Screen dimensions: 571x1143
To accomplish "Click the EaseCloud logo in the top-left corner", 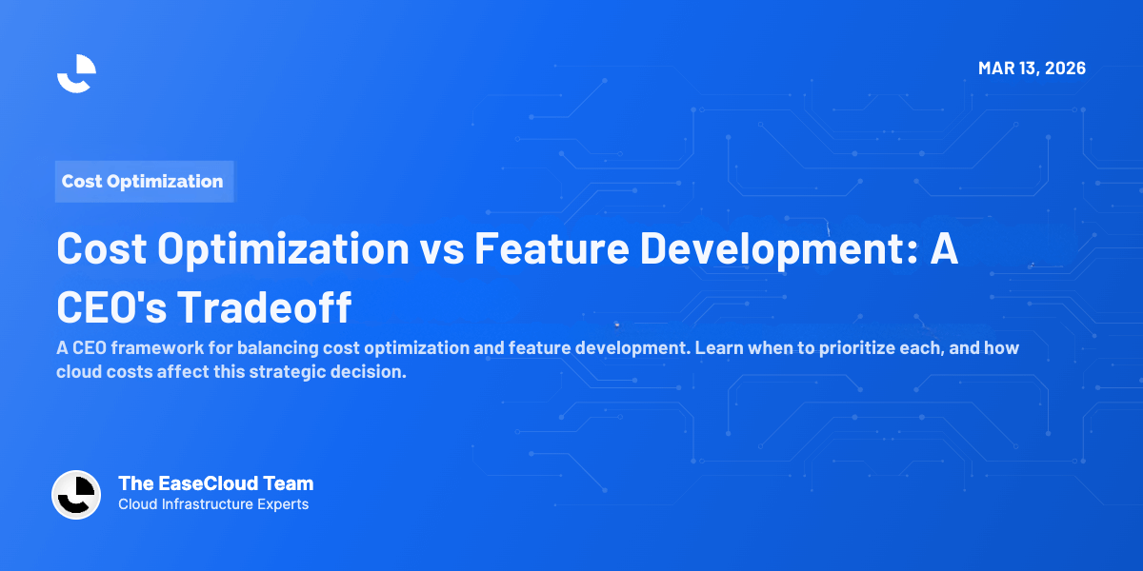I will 76,73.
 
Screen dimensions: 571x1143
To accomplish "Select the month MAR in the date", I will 996,69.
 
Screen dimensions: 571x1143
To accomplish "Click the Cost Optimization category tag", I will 143,181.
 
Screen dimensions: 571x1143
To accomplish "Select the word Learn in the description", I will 720,348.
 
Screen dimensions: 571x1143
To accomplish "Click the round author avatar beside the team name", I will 76,495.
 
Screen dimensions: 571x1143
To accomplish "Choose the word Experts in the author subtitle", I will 283,504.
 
